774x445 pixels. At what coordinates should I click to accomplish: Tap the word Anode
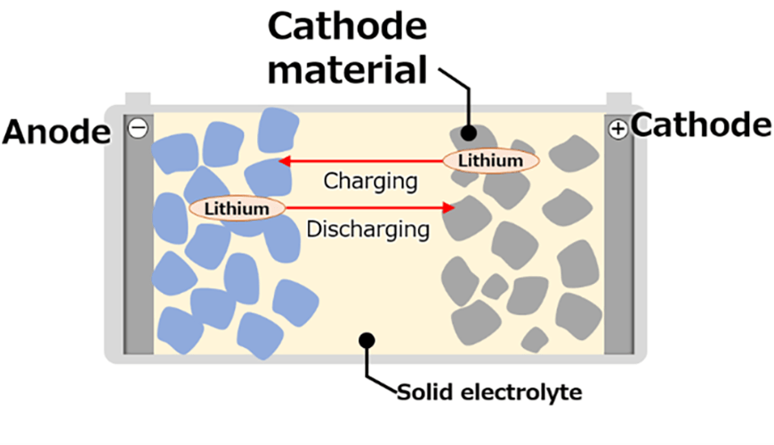55,133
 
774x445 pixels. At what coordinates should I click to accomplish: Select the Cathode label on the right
701,125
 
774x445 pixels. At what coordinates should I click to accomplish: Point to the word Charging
370,182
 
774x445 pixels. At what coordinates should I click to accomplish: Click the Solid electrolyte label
487,392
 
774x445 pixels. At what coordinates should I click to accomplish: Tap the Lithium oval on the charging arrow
491,161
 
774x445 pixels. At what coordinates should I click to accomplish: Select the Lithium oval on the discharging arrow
237,208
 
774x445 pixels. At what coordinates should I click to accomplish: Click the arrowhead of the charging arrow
284,161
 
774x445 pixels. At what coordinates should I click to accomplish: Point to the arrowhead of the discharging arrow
449,208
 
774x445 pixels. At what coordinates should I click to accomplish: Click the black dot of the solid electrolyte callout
366,339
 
